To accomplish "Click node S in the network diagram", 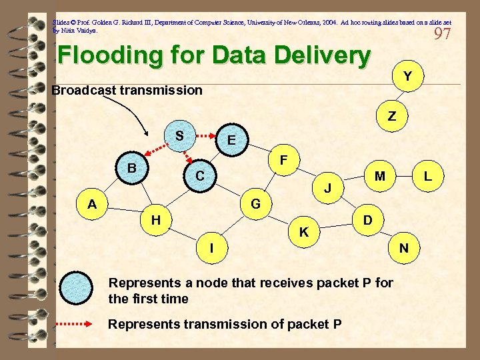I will click(179, 136).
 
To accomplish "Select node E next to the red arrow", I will click(231, 140).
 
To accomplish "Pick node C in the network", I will click(199, 176).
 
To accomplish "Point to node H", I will click(155, 219).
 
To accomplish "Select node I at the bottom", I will click(211, 248).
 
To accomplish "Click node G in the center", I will click(255, 203).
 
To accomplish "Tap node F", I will click(283, 161).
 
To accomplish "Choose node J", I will click(329, 189).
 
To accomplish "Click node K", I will click(303, 232).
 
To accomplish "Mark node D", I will click(367, 219).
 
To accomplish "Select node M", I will click(379, 176).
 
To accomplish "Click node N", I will click(403, 248).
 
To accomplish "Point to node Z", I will click(392, 116).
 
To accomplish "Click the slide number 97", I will click(442, 33).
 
